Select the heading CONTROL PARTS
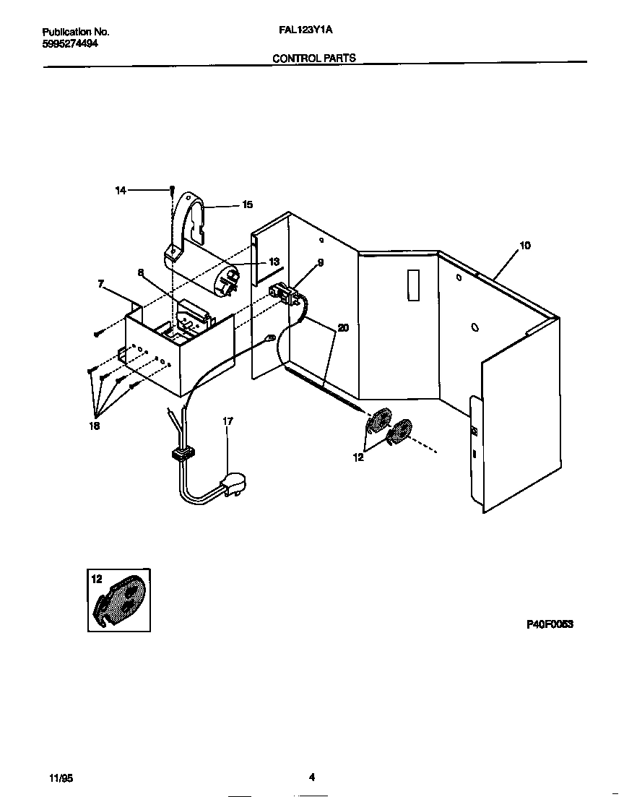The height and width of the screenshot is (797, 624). click(x=313, y=58)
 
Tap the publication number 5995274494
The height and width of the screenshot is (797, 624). click(x=71, y=43)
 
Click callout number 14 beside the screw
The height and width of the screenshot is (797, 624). click(x=121, y=190)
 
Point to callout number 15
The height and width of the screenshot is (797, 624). click(x=247, y=205)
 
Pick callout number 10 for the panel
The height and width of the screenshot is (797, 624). click(x=524, y=246)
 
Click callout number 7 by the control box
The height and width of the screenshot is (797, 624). click(x=100, y=285)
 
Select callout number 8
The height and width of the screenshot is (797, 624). click(x=141, y=273)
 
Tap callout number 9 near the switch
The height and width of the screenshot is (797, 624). click(x=320, y=263)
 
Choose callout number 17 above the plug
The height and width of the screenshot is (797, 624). click(x=227, y=421)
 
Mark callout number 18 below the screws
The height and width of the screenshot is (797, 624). click(x=95, y=426)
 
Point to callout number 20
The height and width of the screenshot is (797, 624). click(x=343, y=327)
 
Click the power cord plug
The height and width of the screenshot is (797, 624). click(x=233, y=483)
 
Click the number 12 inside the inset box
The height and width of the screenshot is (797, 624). click(x=97, y=579)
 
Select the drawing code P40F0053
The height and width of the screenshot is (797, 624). click(x=549, y=624)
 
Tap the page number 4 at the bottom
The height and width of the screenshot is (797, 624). click(x=312, y=777)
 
